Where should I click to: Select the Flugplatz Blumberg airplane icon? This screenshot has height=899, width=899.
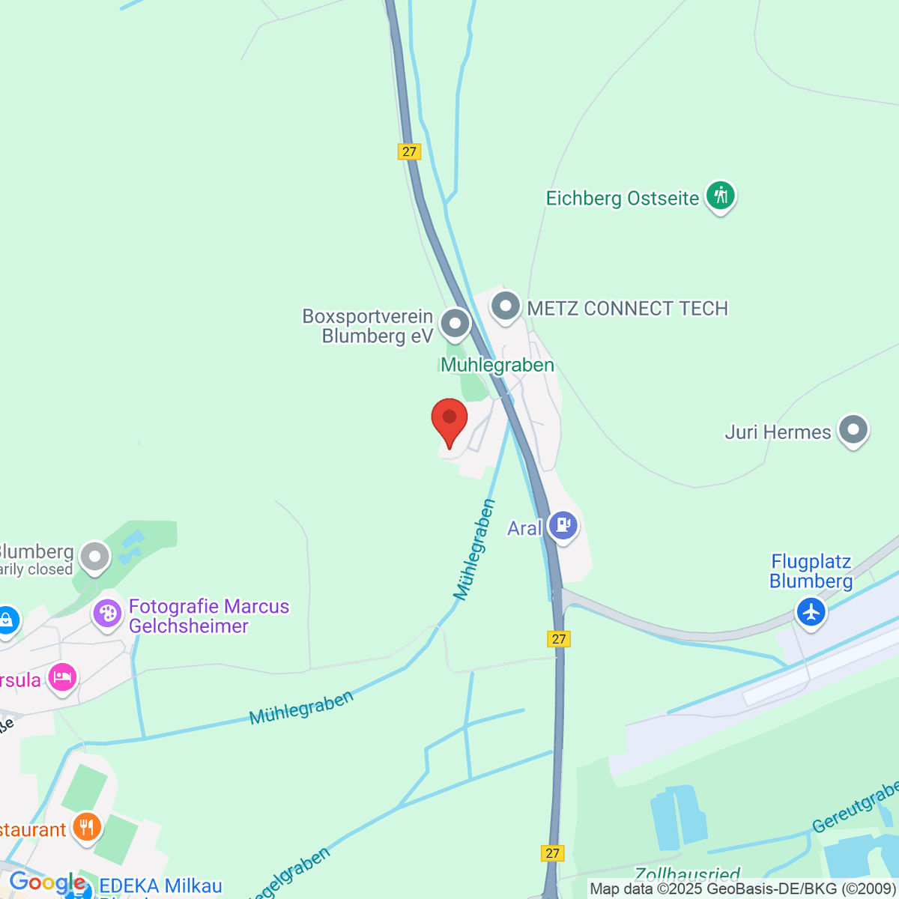[x=811, y=611]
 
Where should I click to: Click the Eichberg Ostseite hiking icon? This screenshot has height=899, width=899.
[x=720, y=196]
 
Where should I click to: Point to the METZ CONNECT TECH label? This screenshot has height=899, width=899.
[x=628, y=309]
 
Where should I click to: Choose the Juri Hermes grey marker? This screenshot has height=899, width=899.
[x=853, y=430]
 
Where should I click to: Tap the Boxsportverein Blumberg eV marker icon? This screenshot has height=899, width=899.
[x=455, y=324]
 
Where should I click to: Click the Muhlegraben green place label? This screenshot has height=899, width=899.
[x=497, y=365]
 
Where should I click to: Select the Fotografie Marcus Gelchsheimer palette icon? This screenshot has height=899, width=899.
[x=107, y=614]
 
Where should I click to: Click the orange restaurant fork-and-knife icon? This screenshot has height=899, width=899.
[x=87, y=828]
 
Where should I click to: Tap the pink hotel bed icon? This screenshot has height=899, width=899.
[x=62, y=678]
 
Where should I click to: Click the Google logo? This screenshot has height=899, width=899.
[x=46, y=883]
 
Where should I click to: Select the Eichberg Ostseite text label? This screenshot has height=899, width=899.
[x=622, y=199]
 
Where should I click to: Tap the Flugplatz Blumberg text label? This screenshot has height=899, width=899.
[x=811, y=572]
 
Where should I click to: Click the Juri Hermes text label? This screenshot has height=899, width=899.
[x=778, y=432]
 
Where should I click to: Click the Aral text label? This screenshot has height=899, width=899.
[x=524, y=528]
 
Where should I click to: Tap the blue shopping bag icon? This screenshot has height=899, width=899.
[x=6, y=620]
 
